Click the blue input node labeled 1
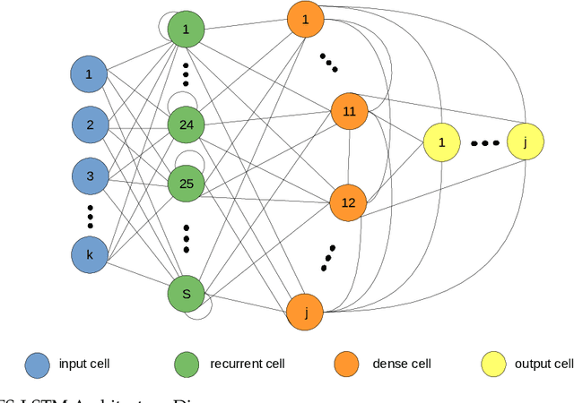pos(89,75)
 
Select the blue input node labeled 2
pos(89,125)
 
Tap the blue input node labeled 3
pos(89,176)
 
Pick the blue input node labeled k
pos(89,255)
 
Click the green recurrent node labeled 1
pos(187,29)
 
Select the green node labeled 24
pos(187,125)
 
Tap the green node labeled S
pos(187,292)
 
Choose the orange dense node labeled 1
pos(305,19)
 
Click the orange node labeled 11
pos(349,111)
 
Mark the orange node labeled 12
pos(349,203)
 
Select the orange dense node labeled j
pos(305,313)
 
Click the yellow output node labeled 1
pos(441,142)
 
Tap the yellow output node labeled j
pos(525,142)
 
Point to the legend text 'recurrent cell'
pos(247,364)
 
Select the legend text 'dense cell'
pos(402,364)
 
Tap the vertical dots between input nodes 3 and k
pos(90,216)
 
